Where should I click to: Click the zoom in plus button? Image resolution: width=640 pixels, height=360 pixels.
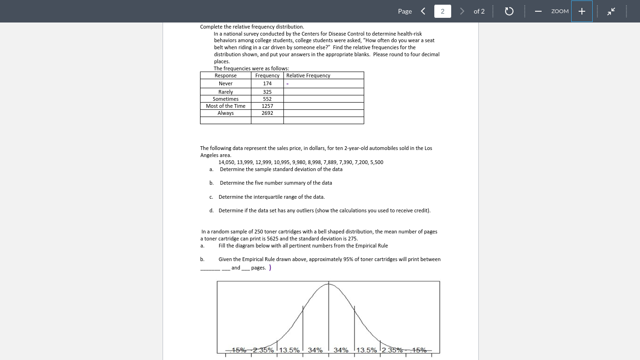pos(581,11)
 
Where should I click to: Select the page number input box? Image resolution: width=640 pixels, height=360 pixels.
pos(442,11)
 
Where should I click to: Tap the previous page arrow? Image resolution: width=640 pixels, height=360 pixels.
pos(423,11)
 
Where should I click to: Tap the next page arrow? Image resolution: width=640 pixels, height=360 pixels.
pos(462,11)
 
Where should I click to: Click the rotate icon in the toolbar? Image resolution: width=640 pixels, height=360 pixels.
pos(509,11)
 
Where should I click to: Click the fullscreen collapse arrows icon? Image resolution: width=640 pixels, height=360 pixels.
pos(611,11)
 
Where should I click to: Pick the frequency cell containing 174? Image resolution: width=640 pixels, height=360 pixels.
pos(267,83)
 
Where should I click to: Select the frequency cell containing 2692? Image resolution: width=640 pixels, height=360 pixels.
pos(267,113)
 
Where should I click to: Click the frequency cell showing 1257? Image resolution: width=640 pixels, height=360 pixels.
pos(267,106)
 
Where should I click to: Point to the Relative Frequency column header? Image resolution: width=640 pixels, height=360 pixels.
pos(308,75)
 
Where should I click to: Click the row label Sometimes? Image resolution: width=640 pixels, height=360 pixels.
pos(225,99)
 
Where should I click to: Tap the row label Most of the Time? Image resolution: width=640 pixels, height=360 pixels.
pos(225,106)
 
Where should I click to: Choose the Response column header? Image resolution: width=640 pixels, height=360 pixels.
pos(225,75)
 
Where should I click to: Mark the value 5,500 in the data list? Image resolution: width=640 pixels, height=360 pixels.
pos(376,162)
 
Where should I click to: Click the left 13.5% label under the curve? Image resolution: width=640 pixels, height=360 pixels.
pos(290,350)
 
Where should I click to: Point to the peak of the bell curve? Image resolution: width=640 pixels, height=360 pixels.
pos(328,284)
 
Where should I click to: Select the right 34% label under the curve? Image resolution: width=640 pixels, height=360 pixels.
pos(341,350)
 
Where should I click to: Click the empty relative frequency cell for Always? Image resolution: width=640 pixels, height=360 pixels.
pos(323,113)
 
